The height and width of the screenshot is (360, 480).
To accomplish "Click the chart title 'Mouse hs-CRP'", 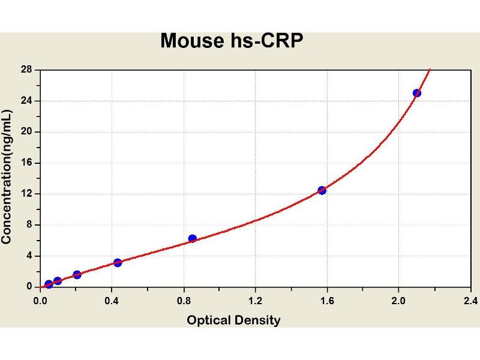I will coord(232,41).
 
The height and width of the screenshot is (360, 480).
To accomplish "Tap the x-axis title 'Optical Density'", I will coord(233,320).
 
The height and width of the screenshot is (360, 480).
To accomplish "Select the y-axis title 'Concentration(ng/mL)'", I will coord(7,176).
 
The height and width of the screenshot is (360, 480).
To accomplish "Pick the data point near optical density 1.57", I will coord(322,190).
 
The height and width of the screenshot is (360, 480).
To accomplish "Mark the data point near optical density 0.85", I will coord(193,238).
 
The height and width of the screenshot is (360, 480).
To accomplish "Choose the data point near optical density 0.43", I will coord(118,262).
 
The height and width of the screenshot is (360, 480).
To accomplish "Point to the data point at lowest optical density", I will coord(49,284).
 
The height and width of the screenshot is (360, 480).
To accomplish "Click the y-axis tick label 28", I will coord(26,70).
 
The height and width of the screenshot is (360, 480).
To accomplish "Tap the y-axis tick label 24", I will coord(26,101).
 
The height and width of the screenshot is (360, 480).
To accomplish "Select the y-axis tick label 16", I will coord(26,163).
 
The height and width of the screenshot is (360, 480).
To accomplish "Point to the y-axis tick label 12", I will coord(26,194).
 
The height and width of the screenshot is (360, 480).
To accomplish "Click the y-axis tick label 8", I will coord(29,225).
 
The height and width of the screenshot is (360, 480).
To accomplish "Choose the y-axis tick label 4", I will coord(29,256).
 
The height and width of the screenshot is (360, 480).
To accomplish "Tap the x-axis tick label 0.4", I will coord(112,300).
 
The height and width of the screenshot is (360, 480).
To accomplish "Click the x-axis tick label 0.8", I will coord(184,300).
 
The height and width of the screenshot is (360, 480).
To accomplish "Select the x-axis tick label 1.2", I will coord(255,300).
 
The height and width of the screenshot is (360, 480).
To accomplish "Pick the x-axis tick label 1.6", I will coord(327,300).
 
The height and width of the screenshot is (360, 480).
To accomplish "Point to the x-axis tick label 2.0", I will coord(398,300).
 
